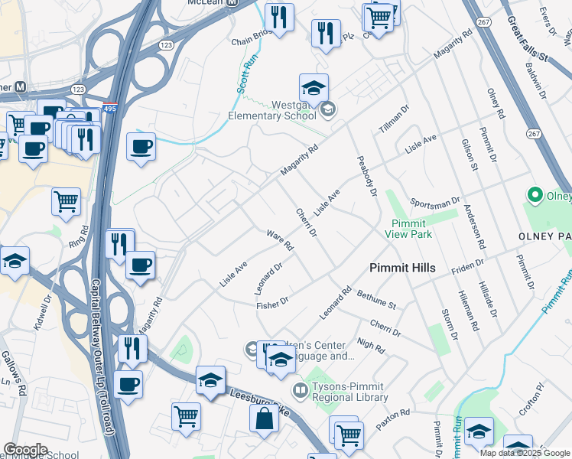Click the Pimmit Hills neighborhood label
point(402,268)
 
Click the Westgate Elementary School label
point(273,110)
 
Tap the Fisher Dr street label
point(272,303)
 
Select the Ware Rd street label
point(280,240)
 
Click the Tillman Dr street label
point(395,120)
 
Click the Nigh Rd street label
point(370,346)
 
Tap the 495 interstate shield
point(110,110)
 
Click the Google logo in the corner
point(25,450)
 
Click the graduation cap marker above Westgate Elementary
point(314,89)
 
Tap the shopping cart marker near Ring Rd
point(66,202)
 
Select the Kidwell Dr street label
point(41,314)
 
